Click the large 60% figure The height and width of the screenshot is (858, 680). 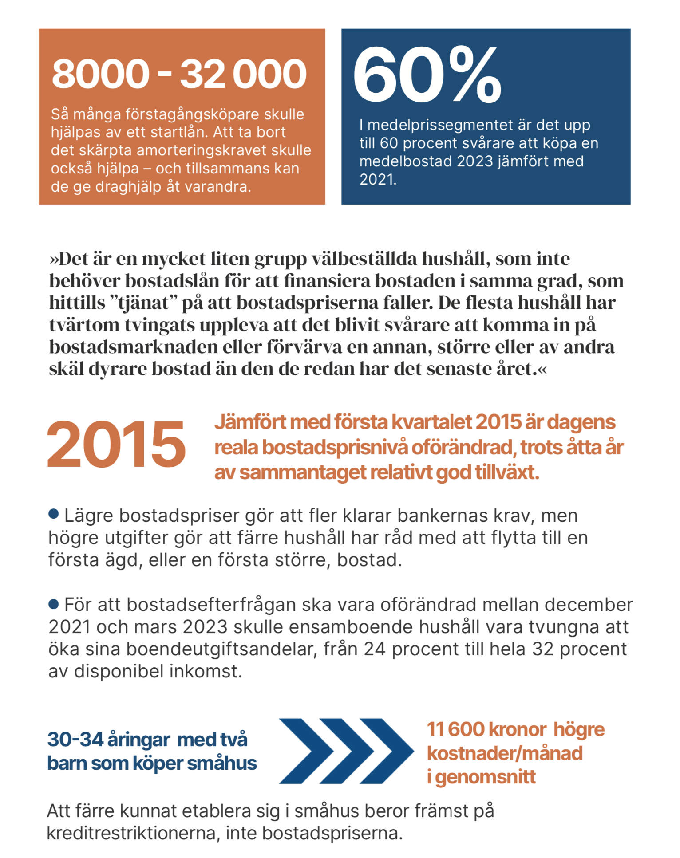(427, 75)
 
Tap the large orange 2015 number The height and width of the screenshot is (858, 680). (116, 444)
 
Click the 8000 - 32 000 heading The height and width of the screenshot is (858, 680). (179, 74)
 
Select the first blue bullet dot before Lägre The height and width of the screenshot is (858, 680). (54, 514)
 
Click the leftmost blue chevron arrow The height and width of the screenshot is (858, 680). (306, 751)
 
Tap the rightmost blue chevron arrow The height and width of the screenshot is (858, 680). (387, 751)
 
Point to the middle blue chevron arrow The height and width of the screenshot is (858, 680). (347, 751)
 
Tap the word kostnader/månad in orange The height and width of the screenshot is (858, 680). (505, 753)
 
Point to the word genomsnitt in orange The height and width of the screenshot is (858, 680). (486, 777)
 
